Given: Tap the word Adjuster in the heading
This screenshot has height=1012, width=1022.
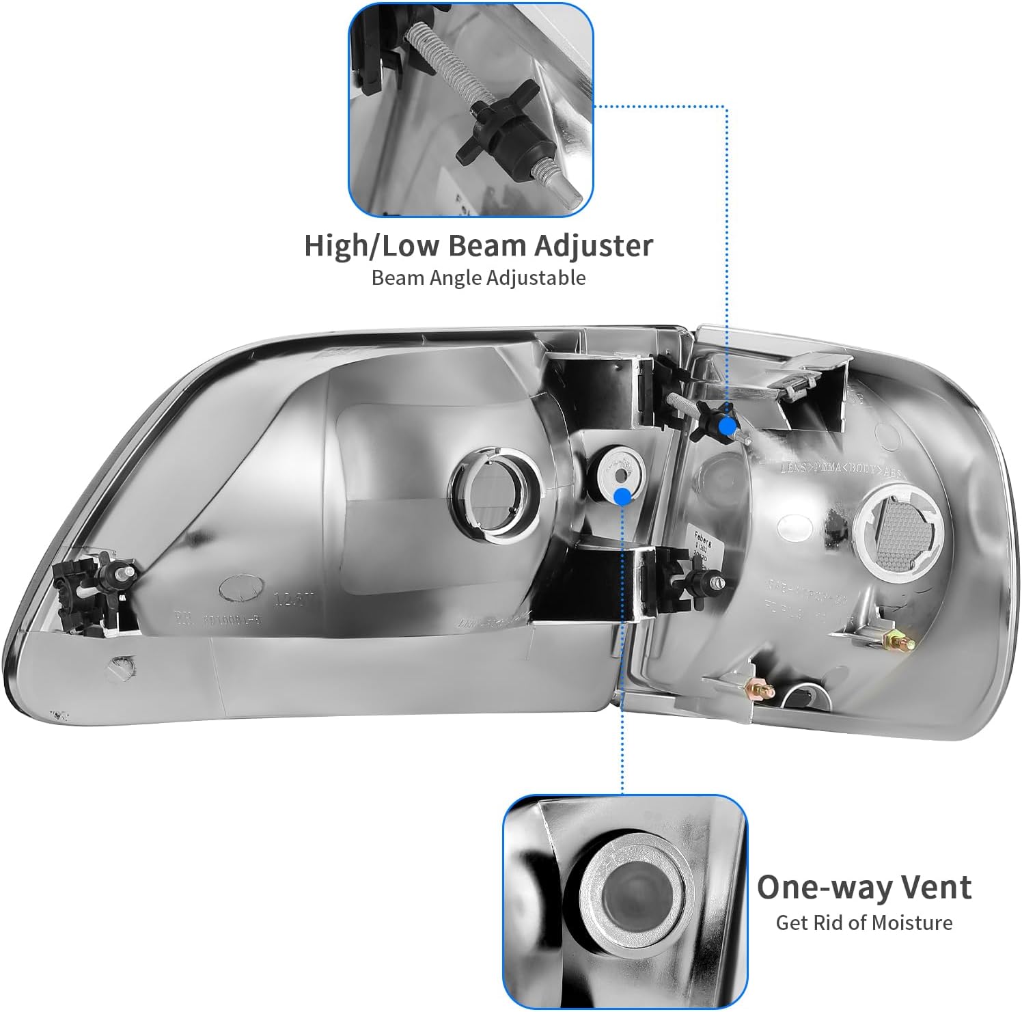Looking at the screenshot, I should tap(593, 246).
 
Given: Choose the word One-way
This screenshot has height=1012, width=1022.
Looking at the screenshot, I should tap(820, 887).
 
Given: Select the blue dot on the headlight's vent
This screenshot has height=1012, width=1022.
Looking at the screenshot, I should tap(622, 496).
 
